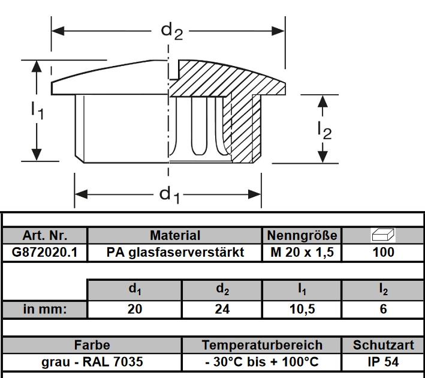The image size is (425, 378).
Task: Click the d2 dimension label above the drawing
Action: click(171, 31)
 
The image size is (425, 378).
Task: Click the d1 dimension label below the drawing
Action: click(170, 195)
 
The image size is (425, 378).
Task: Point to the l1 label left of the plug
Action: click(37, 110)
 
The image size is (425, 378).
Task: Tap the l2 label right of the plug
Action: click(324, 129)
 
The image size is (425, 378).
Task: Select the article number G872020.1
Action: click(45, 252)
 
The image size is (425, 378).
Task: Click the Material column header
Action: click(175, 235)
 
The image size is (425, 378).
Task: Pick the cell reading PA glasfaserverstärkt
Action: click(175, 252)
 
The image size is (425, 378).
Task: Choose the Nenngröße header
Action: click(302, 235)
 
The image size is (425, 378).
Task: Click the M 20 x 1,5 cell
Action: click(302, 252)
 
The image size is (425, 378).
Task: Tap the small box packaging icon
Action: click(383, 235)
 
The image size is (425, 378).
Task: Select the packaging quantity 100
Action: click(383, 252)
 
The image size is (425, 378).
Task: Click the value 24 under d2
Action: click(222, 310)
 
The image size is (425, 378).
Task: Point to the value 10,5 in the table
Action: click(303, 310)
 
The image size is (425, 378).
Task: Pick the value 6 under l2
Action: click(383, 310)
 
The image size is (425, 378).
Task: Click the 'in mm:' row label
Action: click(45, 310)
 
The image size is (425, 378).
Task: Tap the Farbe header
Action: click(92, 346)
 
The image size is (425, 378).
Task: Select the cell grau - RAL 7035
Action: click(92, 362)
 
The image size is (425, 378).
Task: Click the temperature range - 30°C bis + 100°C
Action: click(262, 362)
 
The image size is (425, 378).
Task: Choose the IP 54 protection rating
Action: click(383, 362)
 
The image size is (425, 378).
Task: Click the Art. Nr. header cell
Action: click(45, 235)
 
